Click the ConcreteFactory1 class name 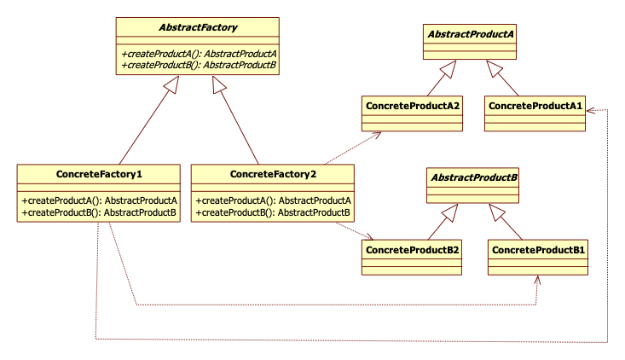[99, 174]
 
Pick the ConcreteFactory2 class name [273, 174]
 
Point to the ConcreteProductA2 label [413, 105]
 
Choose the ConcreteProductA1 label [535, 105]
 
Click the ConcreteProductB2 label [413, 249]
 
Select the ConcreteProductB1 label [538, 249]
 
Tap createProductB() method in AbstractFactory [199, 64]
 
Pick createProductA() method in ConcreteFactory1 [99, 200]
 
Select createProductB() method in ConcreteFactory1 [99, 212]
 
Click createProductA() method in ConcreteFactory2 [273, 200]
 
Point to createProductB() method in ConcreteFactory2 [273, 212]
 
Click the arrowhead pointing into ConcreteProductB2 [368, 237]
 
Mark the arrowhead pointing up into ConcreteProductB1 [538, 280]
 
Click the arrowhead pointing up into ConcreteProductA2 [375, 136]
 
